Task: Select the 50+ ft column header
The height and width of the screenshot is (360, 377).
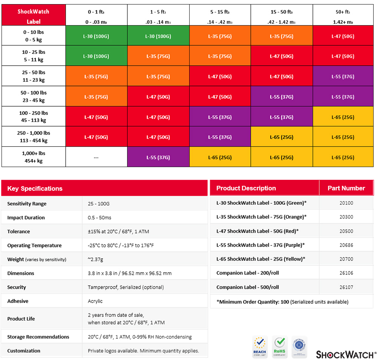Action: tap(343, 16)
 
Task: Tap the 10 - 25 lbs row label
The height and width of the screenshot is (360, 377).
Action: tap(34, 56)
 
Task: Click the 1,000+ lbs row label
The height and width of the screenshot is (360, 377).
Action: tap(34, 157)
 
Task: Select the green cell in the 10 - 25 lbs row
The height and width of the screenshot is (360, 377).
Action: tap(96, 56)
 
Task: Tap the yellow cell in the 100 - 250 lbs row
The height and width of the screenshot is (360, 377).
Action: tap(343, 117)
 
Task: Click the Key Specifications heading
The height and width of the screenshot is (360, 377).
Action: tap(35, 188)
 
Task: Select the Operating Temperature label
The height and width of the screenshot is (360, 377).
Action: tap(34, 245)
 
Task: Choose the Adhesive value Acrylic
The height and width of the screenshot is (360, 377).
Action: tap(95, 301)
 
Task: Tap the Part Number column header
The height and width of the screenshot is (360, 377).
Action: tap(346, 188)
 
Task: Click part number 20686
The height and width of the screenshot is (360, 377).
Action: tap(346, 245)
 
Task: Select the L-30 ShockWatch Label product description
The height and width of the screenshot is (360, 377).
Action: tap(261, 203)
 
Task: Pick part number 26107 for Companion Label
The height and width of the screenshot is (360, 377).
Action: tap(346, 287)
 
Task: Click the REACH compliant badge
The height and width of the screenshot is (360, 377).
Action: tap(259, 347)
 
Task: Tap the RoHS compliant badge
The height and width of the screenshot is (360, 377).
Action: tap(280, 347)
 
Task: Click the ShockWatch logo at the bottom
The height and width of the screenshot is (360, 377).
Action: tap(345, 354)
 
